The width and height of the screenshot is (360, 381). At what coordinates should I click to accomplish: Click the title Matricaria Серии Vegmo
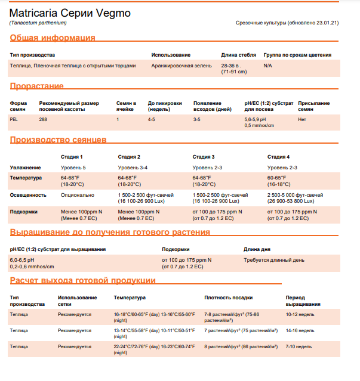(x=70, y=13)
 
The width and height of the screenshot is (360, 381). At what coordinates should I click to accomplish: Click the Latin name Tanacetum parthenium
(x=38, y=23)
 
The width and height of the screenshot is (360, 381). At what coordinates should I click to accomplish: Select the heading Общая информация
(x=53, y=38)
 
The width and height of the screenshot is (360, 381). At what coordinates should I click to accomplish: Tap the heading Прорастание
(x=36, y=86)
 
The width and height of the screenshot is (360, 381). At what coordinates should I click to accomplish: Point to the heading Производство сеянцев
(x=58, y=140)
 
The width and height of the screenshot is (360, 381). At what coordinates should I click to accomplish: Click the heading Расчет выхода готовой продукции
(x=83, y=280)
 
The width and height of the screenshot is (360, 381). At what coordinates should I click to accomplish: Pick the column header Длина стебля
(x=238, y=55)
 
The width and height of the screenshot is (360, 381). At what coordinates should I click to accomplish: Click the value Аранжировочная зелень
(x=181, y=66)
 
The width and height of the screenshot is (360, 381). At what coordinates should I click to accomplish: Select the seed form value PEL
(x=14, y=119)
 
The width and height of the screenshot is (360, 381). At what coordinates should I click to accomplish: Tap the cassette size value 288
(x=43, y=119)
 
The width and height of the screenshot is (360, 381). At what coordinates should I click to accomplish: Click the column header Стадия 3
(x=204, y=157)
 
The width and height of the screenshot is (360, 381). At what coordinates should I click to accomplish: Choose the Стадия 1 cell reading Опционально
(x=78, y=195)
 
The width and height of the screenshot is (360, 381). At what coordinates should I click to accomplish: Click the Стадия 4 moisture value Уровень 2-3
(x=282, y=168)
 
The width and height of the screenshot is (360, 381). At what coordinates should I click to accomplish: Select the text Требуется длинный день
(x=273, y=260)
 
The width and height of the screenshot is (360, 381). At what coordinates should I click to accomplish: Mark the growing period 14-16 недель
(x=300, y=330)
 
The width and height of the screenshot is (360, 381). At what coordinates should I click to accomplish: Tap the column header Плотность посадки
(x=228, y=297)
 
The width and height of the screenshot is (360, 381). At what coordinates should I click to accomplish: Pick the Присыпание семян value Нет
(x=301, y=119)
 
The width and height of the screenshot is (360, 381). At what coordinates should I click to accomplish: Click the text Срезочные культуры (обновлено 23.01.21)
(x=287, y=23)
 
